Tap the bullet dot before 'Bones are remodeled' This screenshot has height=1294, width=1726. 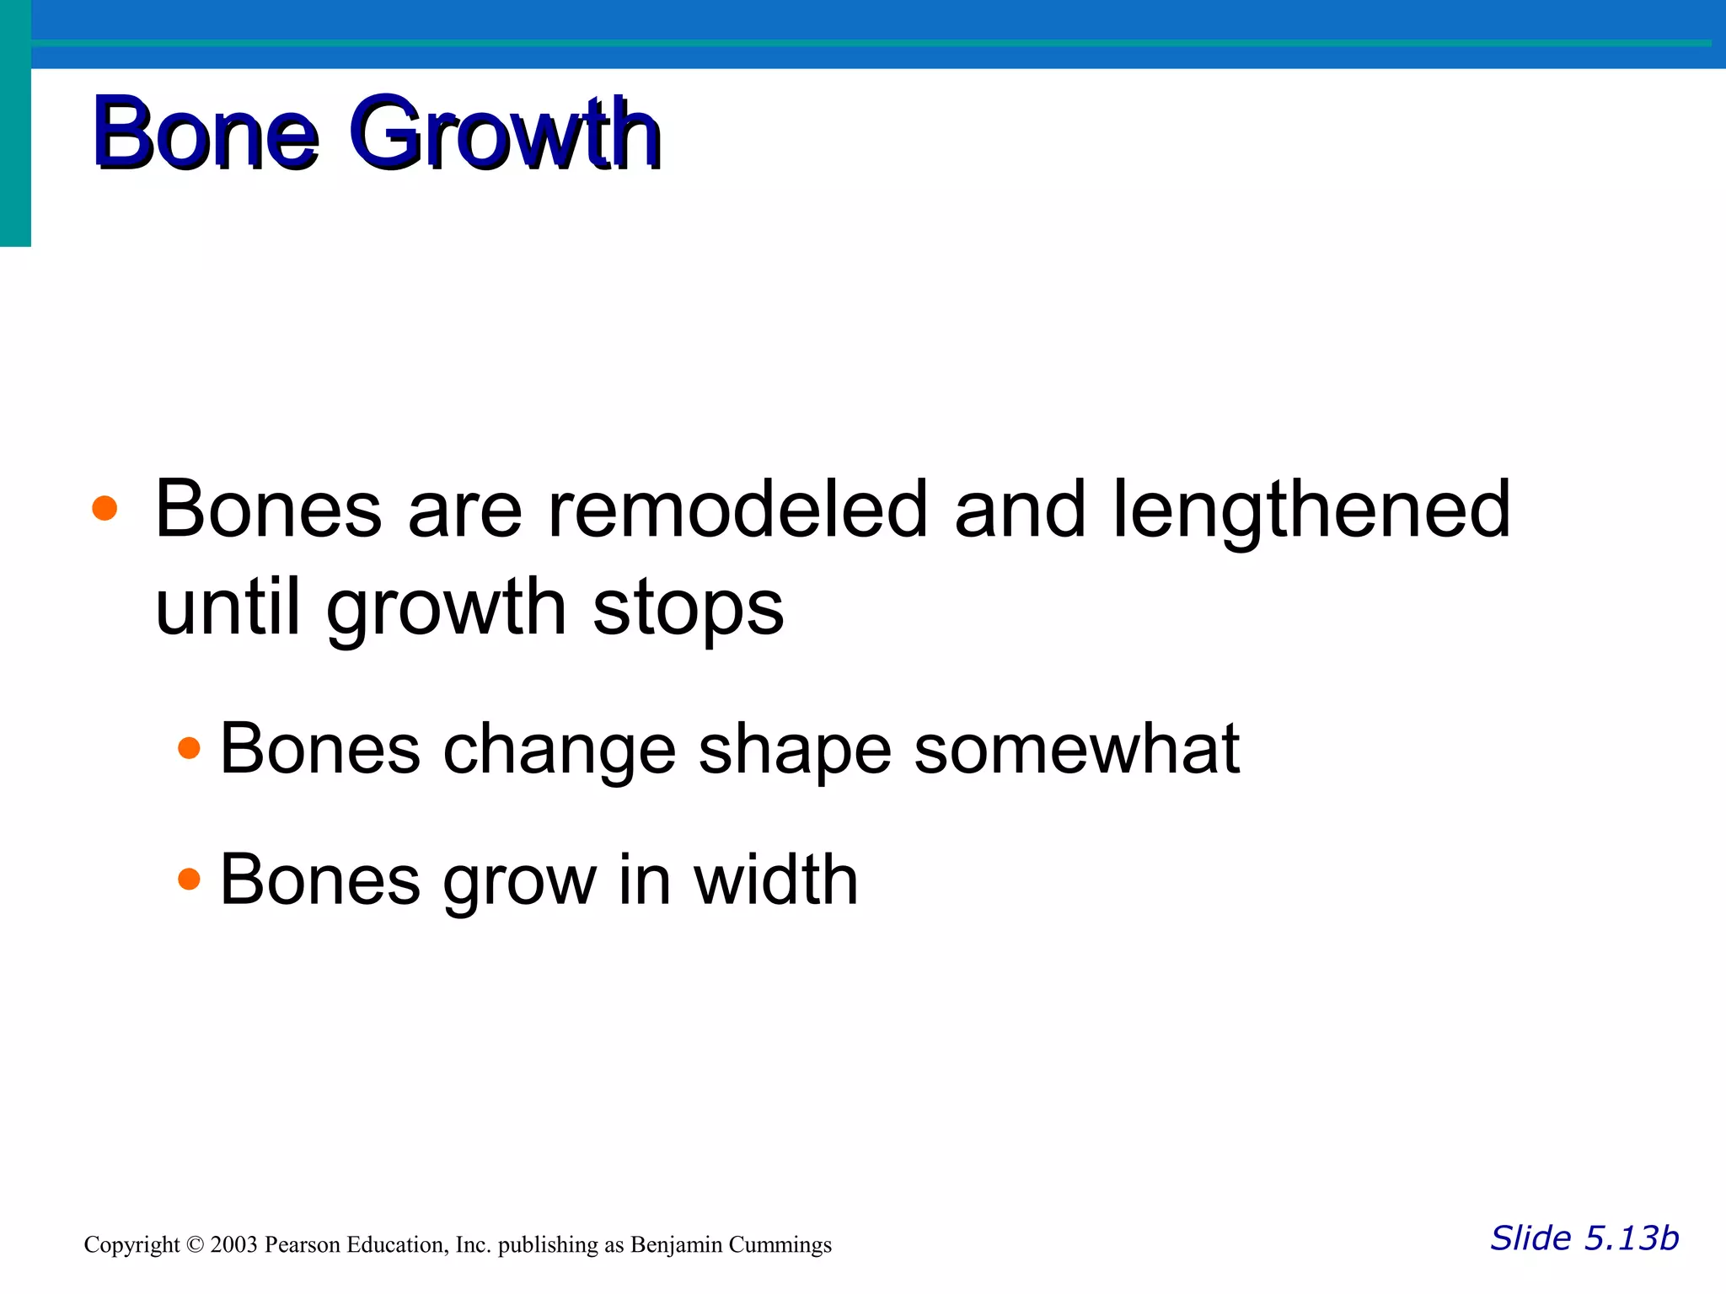click(105, 508)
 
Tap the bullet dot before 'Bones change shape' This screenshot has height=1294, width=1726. click(190, 748)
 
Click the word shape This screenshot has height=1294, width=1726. click(794, 750)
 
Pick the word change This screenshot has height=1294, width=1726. click(559, 750)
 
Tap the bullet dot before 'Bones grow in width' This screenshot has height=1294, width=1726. click(190, 880)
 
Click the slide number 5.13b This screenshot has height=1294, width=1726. click(1631, 1238)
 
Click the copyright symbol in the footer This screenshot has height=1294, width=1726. click(195, 1245)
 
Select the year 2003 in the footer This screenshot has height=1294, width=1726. click(233, 1245)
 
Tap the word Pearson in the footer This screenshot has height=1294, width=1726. click(302, 1245)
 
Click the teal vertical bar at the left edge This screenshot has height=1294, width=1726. click(15, 126)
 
